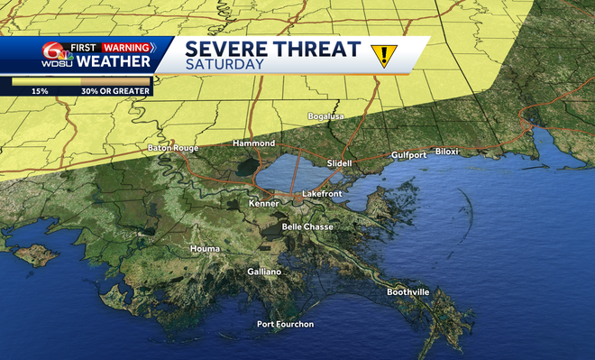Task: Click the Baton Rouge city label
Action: click(x=171, y=147)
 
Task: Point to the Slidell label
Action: click(x=339, y=163)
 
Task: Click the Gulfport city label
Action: click(x=408, y=155)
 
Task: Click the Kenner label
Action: click(x=263, y=205)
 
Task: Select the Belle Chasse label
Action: click(x=304, y=226)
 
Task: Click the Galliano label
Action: click(x=265, y=272)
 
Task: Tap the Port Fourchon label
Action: click(x=285, y=324)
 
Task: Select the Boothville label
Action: click(x=408, y=292)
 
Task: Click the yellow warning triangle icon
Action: click(x=384, y=56)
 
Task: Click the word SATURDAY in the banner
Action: click(x=225, y=64)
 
